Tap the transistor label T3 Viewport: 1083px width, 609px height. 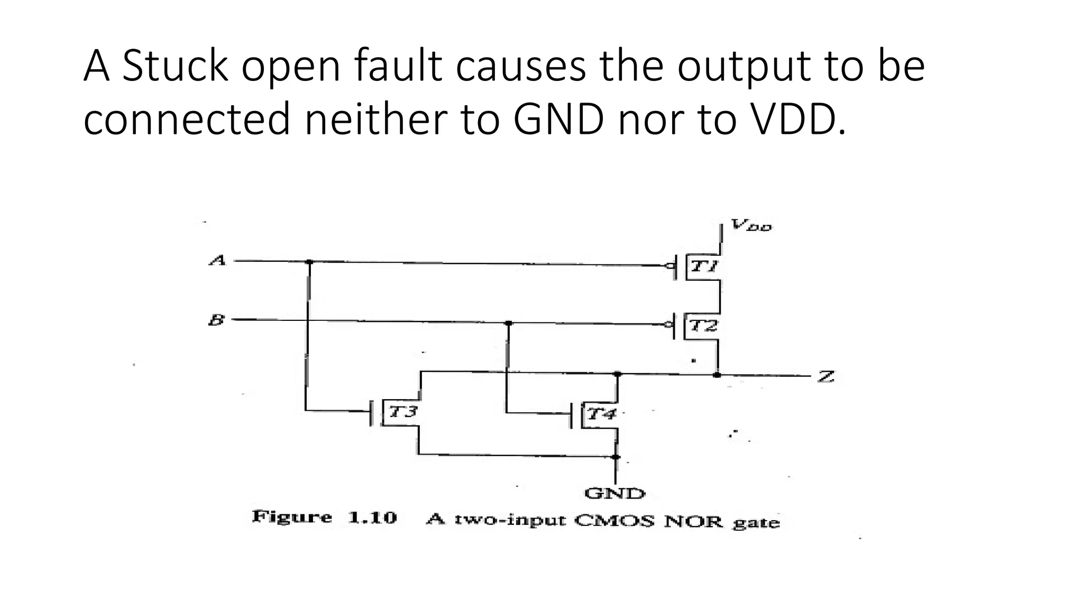click(403, 411)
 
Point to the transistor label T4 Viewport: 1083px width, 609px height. click(602, 413)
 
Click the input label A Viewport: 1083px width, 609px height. click(217, 260)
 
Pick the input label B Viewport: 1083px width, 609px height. click(216, 320)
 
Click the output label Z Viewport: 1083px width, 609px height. click(826, 377)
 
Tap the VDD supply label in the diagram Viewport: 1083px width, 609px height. click(751, 226)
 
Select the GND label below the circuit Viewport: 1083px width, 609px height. click(614, 494)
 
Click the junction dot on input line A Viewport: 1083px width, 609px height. click(309, 262)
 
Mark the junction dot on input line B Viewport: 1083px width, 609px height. click(508, 322)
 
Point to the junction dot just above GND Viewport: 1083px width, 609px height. click(616, 457)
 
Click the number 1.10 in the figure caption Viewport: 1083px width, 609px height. click(372, 518)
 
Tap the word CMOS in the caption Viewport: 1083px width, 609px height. click(614, 521)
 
